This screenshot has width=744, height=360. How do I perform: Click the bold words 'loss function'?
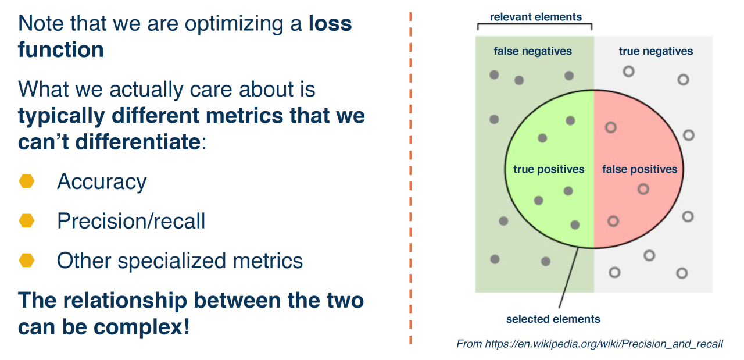click(x=60, y=49)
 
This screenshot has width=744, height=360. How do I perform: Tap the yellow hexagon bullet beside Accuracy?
click(x=27, y=181)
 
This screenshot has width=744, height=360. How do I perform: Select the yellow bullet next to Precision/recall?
click(x=27, y=220)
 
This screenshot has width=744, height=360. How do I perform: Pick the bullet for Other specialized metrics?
click(x=27, y=260)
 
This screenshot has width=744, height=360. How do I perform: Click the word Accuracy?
click(x=101, y=182)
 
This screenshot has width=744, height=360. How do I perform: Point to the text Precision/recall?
click(x=131, y=221)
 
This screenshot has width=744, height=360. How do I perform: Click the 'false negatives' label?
click(x=532, y=51)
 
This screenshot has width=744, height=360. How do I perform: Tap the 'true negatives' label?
click(x=656, y=51)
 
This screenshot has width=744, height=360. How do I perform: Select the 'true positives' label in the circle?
click(x=548, y=169)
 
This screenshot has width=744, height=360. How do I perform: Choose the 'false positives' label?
click(x=639, y=169)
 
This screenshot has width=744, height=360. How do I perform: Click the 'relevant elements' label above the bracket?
click(x=535, y=17)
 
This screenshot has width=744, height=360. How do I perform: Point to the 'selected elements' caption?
click(x=553, y=319)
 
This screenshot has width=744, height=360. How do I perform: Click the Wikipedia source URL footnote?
click(x=589, y=344)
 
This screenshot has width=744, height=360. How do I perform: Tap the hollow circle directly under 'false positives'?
click(x=642, y=188)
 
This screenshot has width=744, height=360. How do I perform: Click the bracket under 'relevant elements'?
click(x=535, y=25)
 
